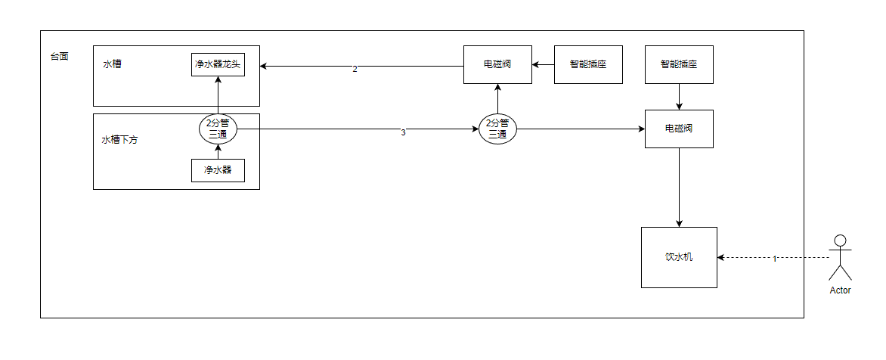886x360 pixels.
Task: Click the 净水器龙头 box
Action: pyautogui.click(x=217, y=64)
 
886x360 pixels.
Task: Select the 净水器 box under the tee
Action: pyautogui.click(x=217, y=170)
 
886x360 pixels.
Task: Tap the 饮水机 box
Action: pyautogui.click(x=679, y=257)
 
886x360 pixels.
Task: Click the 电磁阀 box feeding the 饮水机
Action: pyautogui.click(x=679, y=129)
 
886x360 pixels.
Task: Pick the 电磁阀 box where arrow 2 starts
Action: pyautogui.click(x=497, y=64)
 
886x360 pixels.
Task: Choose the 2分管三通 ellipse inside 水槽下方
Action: pyautogui.click(x=217, y=129)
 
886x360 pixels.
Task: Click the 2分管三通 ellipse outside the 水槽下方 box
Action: pyautogui.click(x=497, y=129)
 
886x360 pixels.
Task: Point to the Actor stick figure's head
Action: pyautogui.click(x=839, y=241)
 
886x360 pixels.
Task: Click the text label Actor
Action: pyautogui.click(x=840, y=290)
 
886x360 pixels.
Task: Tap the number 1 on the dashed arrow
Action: pyautogui.click(x=774, y=259)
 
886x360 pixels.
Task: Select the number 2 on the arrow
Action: pyautogui.click(x=355, y=69)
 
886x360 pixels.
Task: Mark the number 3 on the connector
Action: pyautogui.click(x=403, y=132)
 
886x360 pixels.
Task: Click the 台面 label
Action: pyautogui.click(x=59, y=56)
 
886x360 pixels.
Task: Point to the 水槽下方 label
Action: pyautogui.click(x=119, y=140)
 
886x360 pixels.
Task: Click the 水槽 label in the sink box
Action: pyautogui.click(x=113, y=64)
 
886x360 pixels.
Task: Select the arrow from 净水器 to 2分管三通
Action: pyautogui.click(x=217, y=152)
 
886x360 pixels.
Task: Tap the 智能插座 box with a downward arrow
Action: pyautogui.click(x=679, y=64)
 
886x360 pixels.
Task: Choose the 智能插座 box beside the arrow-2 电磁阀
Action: pyautogui.click(x=588, y=64)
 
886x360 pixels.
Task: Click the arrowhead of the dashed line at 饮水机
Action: pyautogui.click(x=721, y=257)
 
